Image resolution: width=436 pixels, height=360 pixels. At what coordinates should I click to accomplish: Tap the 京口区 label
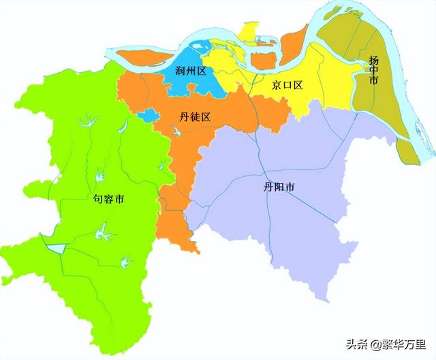click(287, 85)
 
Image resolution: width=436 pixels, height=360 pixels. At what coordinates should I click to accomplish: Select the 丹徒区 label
click(185, 117)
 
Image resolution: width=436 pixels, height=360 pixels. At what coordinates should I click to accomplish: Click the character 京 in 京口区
click(276, 85)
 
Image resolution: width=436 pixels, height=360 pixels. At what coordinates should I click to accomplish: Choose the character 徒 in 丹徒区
click(185, 117)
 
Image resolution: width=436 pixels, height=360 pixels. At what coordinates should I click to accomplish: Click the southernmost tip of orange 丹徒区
click(197, 250)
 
